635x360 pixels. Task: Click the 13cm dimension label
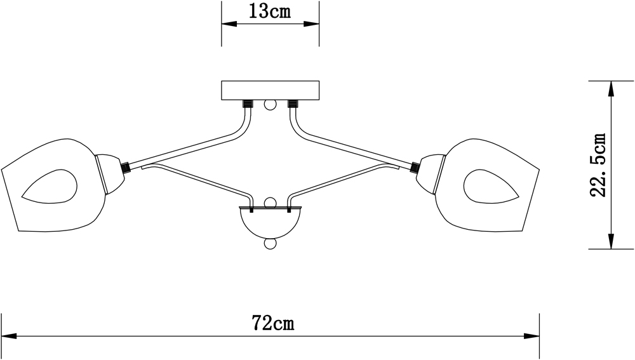pyautogui.click(x=270, y=12)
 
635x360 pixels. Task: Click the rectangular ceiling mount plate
pyautogui.click(x=270, y=90)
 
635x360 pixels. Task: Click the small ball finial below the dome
pyautogui.click(x=270, y=244)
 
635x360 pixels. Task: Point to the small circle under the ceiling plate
pyautogui.click(x=270, y=105)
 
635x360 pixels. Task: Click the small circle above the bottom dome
pyautogui.click(x=270, y=203)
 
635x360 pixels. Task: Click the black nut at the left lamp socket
pyautogui.click(x=126, y=168)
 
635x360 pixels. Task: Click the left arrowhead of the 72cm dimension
pyautogui.click(x=8, y=336)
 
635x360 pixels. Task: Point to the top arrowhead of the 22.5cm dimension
pyautogui.click(x=611, y=88)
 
